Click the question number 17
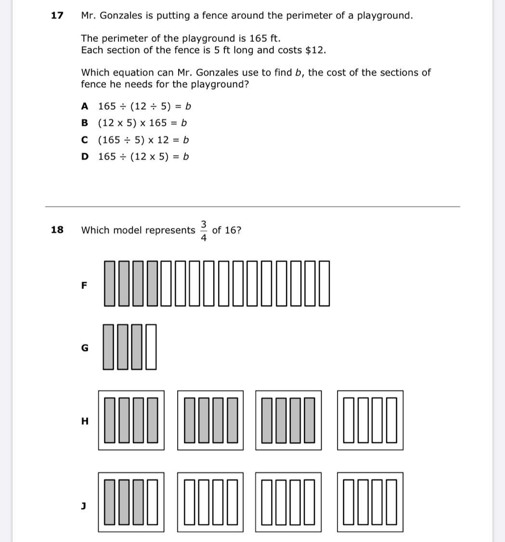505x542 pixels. [57, 15]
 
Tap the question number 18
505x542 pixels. [57, 230]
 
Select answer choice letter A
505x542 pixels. [85, 106]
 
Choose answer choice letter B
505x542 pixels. [85, 123]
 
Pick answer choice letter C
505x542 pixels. [85, 140]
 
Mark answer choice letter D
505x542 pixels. [85, 157]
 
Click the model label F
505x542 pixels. [84, 285]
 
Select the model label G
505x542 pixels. [85, 348]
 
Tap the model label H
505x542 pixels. [85, 421]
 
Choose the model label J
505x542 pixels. [84, 505]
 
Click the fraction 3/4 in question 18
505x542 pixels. [204, 231]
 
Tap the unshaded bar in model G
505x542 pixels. [151, 347]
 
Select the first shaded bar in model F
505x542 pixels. [110, 283]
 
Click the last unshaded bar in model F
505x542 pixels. [324, 283]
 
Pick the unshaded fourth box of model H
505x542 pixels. [370, 420]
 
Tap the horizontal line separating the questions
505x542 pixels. [252, 207]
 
